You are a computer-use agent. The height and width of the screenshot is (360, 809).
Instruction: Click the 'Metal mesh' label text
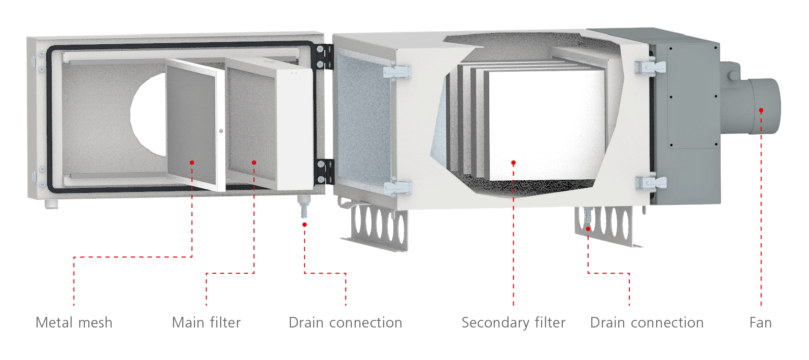tap(74, 322)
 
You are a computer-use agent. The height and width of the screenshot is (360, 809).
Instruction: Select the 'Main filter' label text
tap(206, 322)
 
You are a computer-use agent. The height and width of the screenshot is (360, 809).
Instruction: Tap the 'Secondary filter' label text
tap(513, 322)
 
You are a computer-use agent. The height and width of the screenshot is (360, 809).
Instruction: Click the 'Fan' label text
tap(760, 322)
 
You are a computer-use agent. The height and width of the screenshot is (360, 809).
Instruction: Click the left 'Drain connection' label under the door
tap(345, 322)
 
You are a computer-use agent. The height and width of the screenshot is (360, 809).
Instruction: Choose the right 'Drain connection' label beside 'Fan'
tap(647, 322)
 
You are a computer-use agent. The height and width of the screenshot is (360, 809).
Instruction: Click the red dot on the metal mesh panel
tap(192, 162)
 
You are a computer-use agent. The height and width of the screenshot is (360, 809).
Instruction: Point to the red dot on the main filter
tap(254, 162)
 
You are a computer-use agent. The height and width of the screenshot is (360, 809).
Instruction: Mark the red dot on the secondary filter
tap(513, 162)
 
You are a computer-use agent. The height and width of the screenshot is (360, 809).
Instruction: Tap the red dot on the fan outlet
tap(761, 110)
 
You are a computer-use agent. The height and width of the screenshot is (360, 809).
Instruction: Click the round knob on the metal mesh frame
tap(221, 131)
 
